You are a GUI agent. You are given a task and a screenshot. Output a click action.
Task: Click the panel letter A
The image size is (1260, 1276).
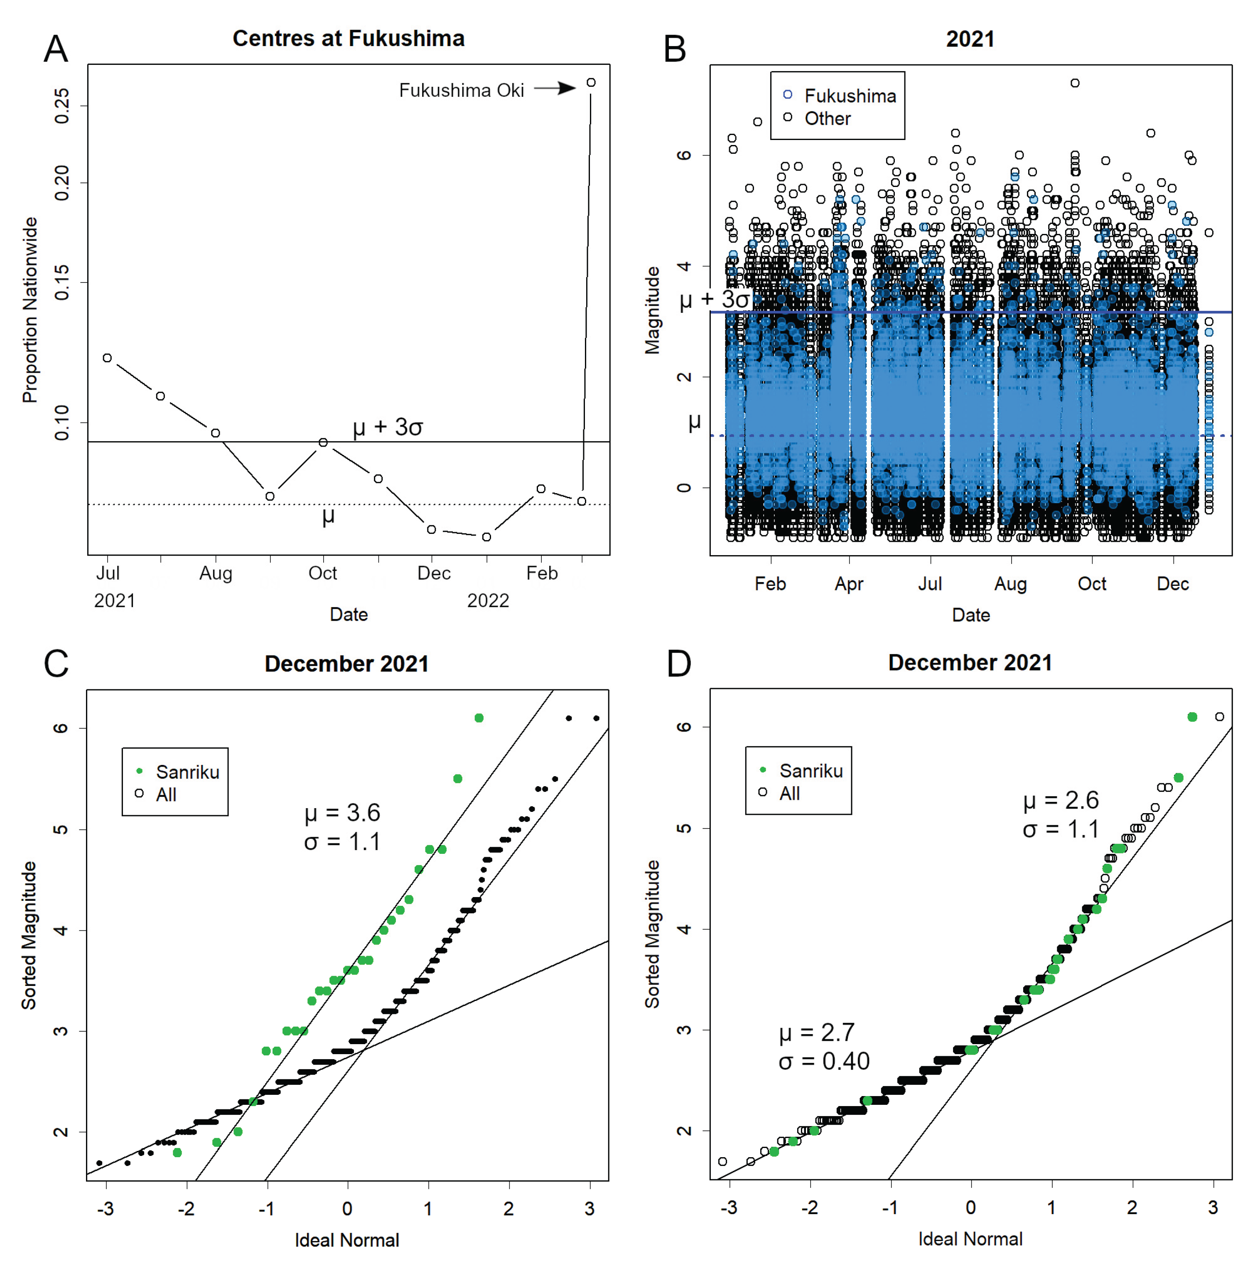point(56,49)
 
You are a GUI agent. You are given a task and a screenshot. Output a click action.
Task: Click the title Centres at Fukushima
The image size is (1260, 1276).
point(348,38)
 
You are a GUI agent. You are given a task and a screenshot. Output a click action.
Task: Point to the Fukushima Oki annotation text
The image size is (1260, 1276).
point(461,91)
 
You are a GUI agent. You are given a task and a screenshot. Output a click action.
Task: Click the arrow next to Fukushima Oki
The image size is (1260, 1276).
point(555,88)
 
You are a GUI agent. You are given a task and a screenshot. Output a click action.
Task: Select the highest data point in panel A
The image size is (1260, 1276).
point(591,83)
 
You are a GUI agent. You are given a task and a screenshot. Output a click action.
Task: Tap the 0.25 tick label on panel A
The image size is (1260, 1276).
point(62,106)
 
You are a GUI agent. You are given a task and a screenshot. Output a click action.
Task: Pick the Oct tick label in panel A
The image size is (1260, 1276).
point(322,573)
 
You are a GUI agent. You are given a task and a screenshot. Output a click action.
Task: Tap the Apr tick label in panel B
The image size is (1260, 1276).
point(849,584)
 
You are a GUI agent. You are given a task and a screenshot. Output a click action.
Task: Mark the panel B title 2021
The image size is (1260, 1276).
point(970,39)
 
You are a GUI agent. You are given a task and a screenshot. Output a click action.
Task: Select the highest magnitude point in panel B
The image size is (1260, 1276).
point(1075,83)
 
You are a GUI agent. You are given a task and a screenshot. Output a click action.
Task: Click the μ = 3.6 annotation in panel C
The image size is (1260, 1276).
point(342,813)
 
